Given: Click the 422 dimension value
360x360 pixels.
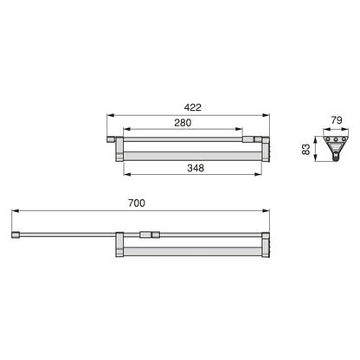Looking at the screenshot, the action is coord(193,107).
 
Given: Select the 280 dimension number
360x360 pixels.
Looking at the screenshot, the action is coord(183,123).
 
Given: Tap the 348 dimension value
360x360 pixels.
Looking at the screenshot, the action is coord(196,168).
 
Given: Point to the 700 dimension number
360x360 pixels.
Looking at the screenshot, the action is coord(137,203).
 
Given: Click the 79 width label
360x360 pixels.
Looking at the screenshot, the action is coord(337,120).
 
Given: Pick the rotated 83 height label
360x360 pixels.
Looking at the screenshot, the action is coord(305,149).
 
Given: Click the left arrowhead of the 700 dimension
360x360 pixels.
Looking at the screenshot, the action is coord(15,211).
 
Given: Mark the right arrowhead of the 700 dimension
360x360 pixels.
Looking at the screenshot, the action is coord(266,211).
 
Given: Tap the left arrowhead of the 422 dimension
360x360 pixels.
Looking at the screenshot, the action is coord(111,115).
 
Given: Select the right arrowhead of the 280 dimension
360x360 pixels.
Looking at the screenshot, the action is coord(239,129).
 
